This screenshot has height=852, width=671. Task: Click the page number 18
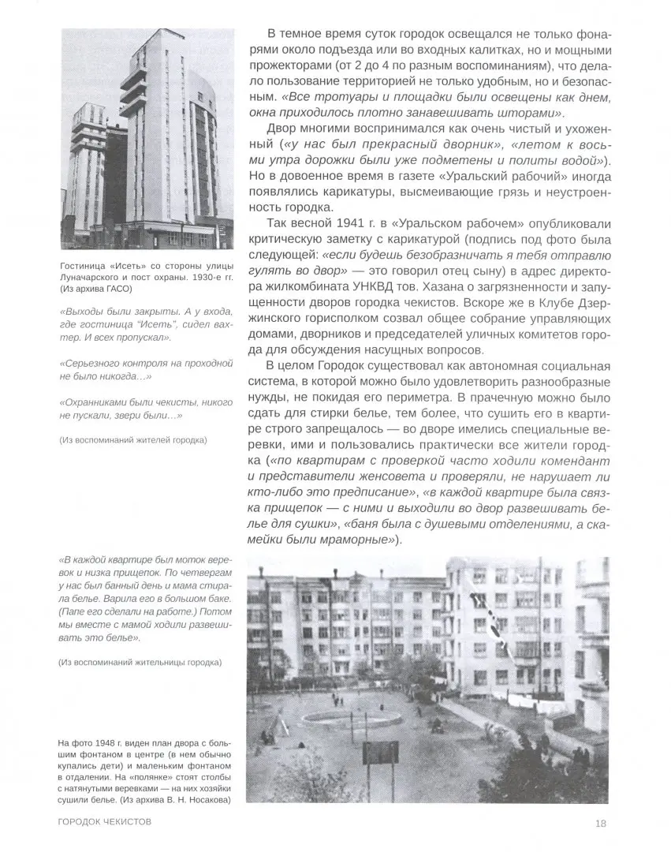click(x=600, y=824)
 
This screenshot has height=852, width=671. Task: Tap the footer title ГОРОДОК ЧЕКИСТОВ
click(x=105, y=824)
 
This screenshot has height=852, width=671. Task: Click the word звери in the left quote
click(x=141, y=414)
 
